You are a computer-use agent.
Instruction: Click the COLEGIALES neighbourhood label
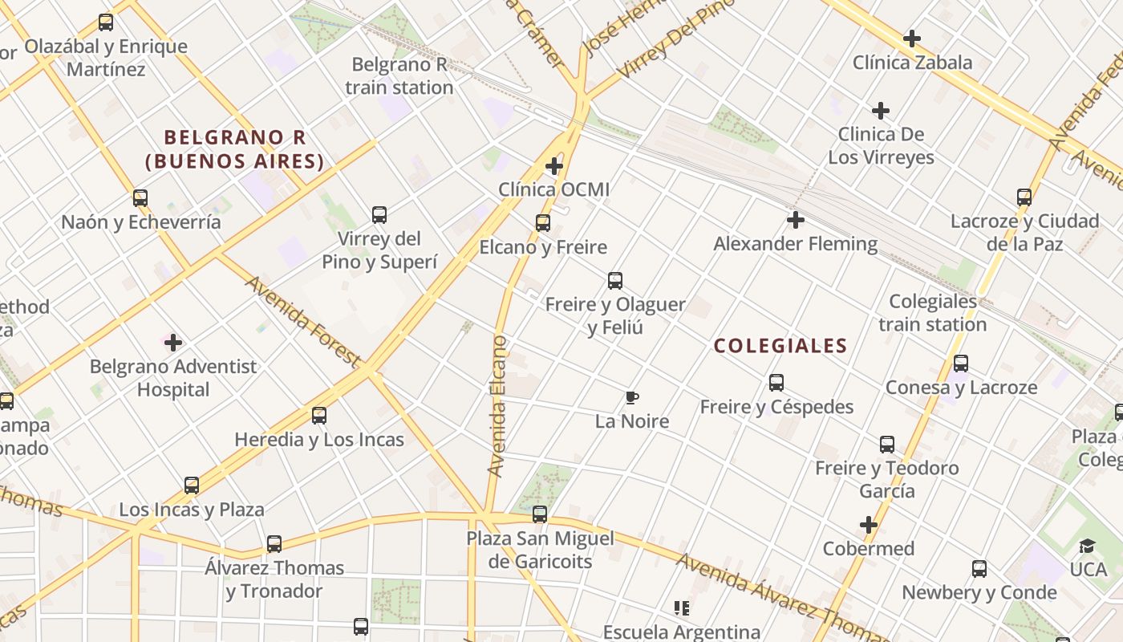[780, 346]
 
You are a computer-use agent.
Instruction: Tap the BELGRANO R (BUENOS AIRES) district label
[235, 149]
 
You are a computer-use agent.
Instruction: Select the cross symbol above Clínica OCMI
[554, 166]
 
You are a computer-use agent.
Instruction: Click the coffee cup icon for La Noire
[632, 397]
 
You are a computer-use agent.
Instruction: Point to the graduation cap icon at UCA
[1087, 547]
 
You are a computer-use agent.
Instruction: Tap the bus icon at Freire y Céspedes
[776, 383]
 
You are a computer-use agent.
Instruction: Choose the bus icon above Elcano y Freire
[543, 223]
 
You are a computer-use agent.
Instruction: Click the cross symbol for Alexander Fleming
[796, 219]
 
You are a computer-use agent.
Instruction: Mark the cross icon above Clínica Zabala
[912, 39]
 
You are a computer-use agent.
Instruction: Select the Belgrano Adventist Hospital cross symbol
[173, 343]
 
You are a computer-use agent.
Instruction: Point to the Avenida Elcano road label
[498, 405]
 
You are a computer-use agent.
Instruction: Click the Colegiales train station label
[933, 313]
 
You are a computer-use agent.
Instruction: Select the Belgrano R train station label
[399, 76]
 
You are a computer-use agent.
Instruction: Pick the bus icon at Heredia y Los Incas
[319, 416]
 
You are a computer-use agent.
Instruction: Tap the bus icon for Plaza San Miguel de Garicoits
[540, 514]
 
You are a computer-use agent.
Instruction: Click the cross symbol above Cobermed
[869, 525]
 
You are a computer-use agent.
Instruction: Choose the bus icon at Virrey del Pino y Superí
[379, 215]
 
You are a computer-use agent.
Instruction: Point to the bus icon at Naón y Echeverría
[140, 198]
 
